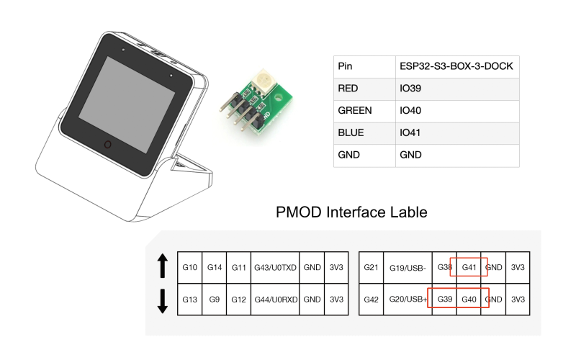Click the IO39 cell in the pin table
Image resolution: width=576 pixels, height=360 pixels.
pos(410,89)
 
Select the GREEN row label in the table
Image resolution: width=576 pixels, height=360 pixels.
pos(355,111)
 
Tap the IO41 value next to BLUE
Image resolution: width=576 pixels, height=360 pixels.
pos(410,132)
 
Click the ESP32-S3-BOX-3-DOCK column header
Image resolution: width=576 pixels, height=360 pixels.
pos(456,66)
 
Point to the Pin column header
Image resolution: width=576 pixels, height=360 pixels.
pos(345,66)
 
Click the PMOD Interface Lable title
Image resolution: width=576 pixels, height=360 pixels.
pos(351,212)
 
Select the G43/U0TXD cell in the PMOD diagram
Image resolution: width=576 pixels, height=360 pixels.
pos(275,267)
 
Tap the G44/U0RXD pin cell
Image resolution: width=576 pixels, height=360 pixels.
pos(275,300)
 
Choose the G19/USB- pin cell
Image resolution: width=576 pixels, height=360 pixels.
pos(408,268)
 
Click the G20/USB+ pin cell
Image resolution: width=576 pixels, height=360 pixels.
pos(408,300)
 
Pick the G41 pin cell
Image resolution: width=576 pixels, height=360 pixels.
pos(469,267)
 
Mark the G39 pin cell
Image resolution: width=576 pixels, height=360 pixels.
pos(444,300)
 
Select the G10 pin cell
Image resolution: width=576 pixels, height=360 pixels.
pos(189,267)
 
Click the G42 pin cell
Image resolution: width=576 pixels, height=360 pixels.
pos(371,300)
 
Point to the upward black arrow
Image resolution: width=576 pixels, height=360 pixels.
pos(163,266)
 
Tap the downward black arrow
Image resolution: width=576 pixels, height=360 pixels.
pos(163,301)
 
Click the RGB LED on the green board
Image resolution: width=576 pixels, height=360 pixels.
pos(263,79)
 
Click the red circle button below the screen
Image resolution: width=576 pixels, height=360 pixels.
pos(107,145)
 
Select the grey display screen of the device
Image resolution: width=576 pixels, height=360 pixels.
pos(127,104)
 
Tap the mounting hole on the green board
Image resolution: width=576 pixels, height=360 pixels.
pos(278,97)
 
